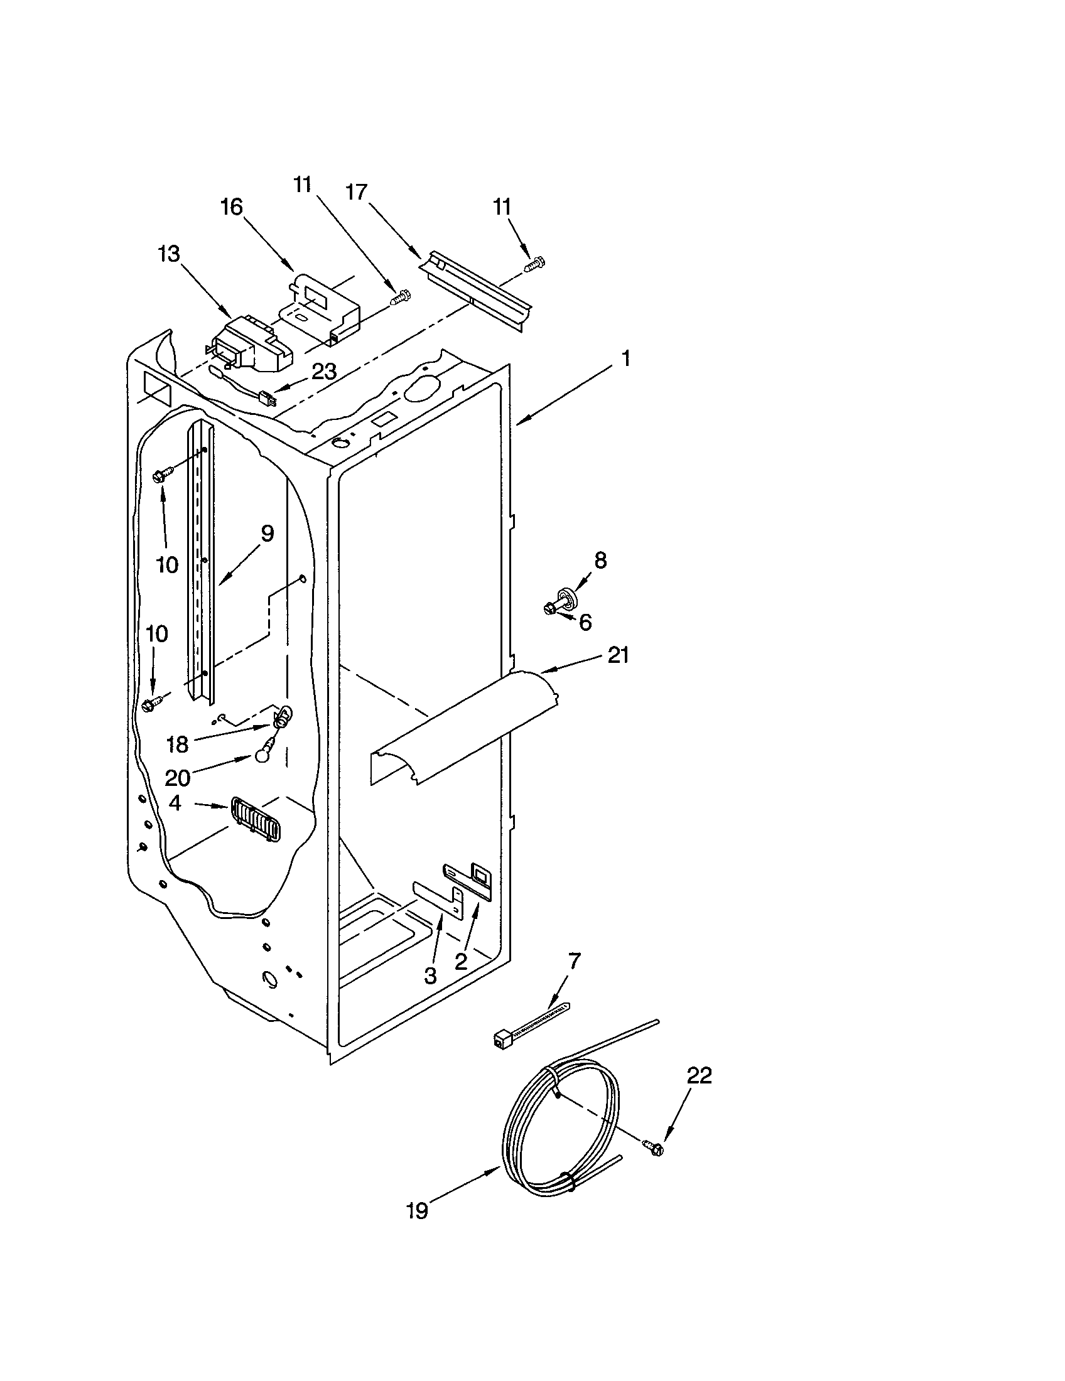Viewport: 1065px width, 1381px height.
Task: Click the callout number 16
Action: coord(232,207)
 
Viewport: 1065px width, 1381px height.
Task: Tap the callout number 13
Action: coord(169,255)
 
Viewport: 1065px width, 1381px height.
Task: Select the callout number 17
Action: coord(357,192)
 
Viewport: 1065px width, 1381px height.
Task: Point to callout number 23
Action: coord(324,372)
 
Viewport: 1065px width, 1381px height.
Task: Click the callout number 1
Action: coord(625,360)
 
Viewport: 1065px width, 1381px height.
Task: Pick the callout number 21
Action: coord(618,656)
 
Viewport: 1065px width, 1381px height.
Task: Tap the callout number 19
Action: coord(418,1211)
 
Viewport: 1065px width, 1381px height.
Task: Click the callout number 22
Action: coord(699,1075)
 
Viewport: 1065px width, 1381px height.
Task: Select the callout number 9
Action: coord(267,534)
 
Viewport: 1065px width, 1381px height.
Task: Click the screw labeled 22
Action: coord(653,1149)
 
